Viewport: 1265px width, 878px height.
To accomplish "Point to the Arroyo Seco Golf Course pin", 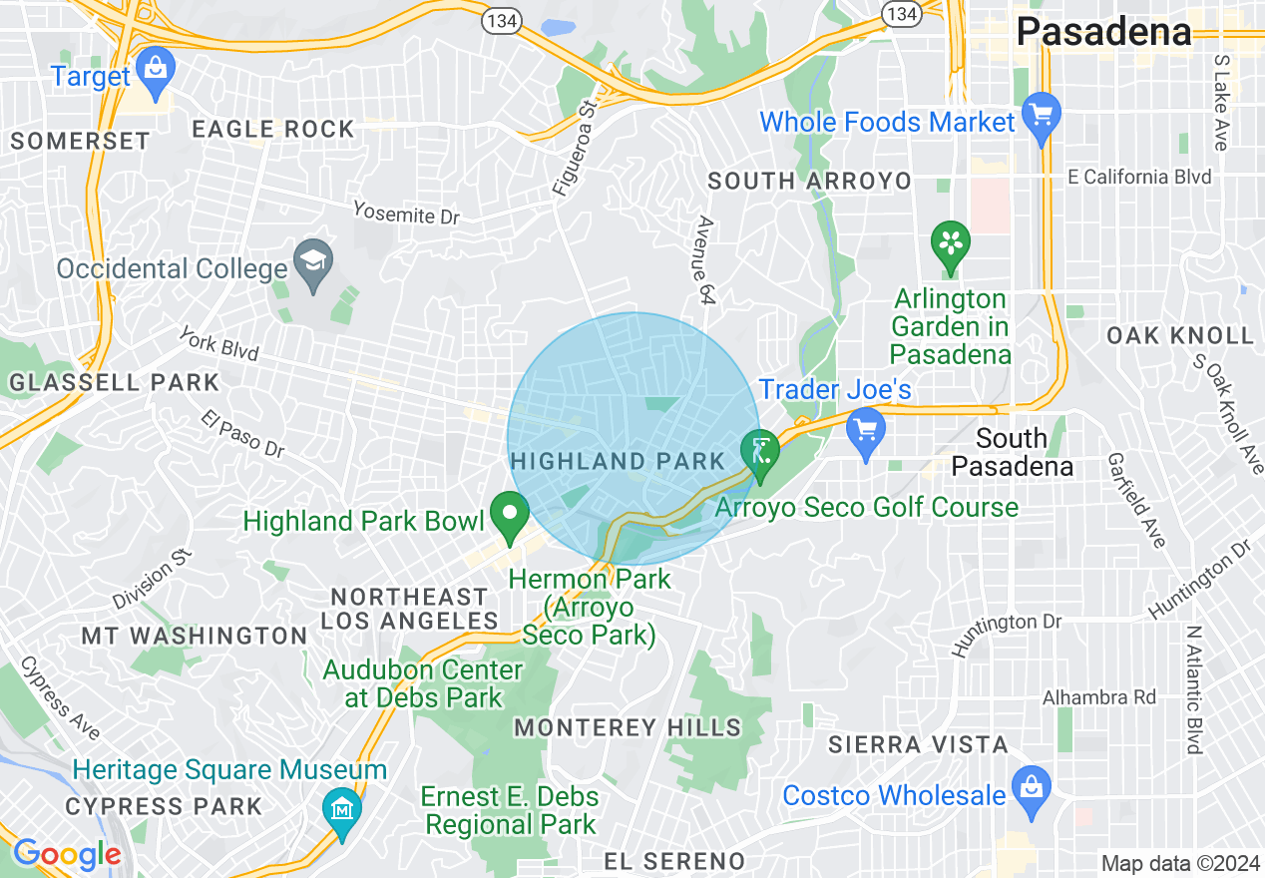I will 760,455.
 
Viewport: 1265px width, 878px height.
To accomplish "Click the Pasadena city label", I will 1103,32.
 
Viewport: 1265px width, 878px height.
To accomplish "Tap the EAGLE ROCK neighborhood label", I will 272,129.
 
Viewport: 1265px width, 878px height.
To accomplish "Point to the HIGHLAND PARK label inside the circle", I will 619,461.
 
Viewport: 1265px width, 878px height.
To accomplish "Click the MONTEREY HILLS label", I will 628,727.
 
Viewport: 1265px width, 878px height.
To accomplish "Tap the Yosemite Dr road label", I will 406,213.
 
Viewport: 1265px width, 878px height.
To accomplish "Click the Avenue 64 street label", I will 707,259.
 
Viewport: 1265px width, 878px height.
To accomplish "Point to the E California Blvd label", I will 1139,178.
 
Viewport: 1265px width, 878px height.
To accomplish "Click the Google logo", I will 66,853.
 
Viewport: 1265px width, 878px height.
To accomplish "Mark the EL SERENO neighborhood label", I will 675,861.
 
